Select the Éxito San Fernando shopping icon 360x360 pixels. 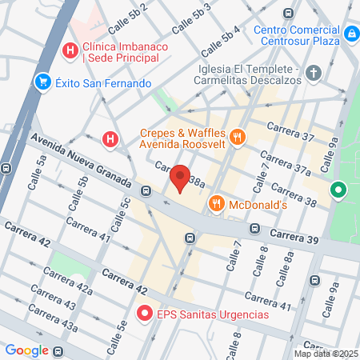[x=42, y=82]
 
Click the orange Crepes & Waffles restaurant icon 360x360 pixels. [x=236, y=138]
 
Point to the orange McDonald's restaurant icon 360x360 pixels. [x=215, y=205]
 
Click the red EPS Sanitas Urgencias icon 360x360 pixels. [x=145, y=314]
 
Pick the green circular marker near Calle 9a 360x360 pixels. [x=338, y=190]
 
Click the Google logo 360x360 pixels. [x=27, y=350]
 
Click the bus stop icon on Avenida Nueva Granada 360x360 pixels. [x=146, y=190]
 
